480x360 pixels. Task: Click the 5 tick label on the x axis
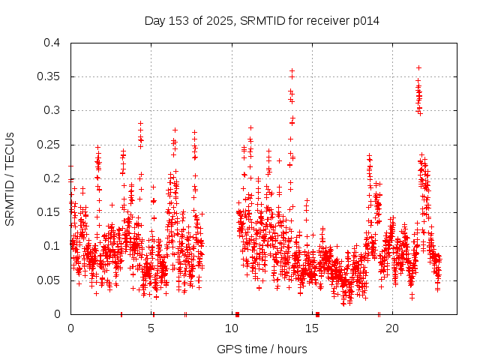151,328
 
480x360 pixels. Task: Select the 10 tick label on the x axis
232,328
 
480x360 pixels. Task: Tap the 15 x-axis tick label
312,328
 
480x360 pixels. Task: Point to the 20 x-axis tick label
392,328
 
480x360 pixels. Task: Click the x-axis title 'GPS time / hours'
262,349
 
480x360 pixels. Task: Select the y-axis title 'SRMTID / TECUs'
10,178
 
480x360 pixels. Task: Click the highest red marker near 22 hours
418,67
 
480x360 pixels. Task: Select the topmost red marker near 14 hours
292,70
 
